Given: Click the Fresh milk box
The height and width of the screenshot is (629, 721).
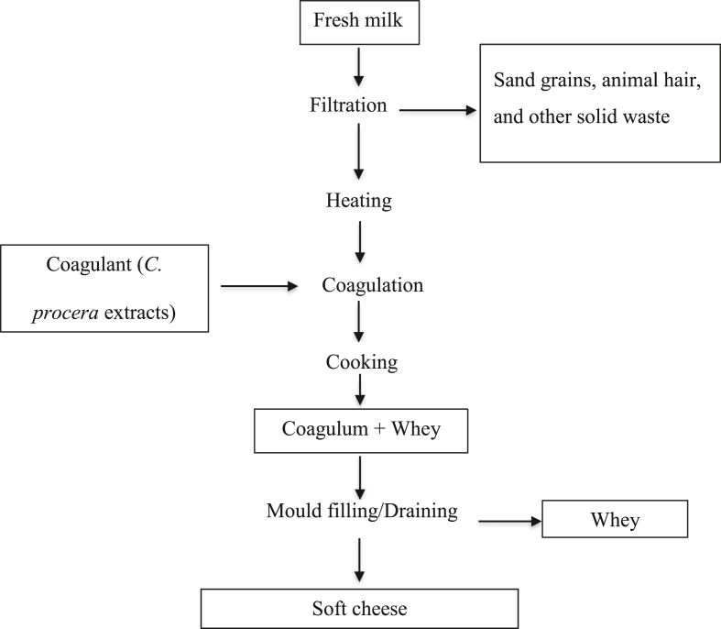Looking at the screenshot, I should click(359, 24).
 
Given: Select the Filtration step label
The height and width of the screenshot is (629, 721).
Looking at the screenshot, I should click(347, 105).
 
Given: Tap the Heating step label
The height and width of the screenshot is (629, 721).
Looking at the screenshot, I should click(359, 201).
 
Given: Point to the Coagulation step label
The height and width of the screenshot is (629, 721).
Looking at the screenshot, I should click(372, 286).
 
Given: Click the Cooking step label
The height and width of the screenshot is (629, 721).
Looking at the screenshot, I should click(361, 362).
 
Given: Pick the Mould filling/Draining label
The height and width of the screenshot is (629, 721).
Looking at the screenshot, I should click(362, 511).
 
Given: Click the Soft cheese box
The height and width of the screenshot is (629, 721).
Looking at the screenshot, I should click(359, 607).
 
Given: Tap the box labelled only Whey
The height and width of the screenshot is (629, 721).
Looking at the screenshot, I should click(614, 520).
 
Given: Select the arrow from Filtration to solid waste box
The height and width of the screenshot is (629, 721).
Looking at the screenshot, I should click(439, 111).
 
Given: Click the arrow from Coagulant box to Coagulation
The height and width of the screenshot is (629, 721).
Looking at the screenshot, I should click(260, 287).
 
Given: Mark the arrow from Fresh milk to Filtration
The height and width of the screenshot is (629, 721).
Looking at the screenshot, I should click(359, 65).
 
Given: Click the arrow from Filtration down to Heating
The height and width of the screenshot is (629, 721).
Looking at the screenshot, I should click(359, 152).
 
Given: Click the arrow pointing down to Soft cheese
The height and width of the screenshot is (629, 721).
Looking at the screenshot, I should click(359, 559).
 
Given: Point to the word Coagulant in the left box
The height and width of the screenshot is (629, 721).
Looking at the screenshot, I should click(85, 267).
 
